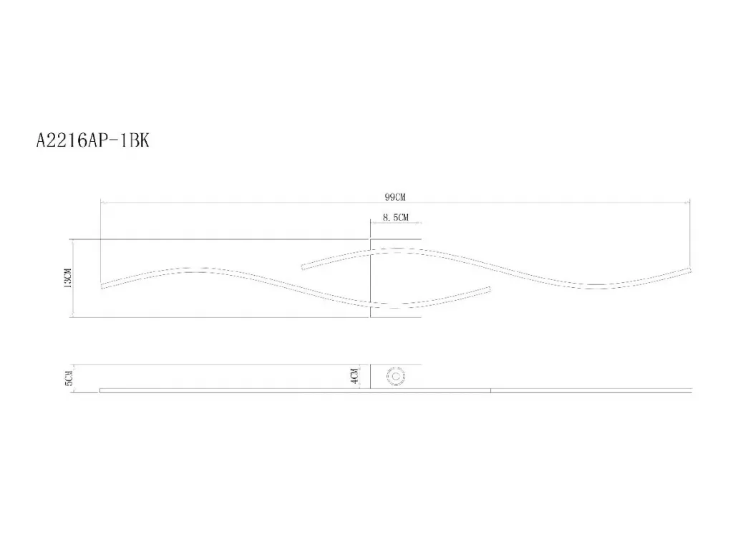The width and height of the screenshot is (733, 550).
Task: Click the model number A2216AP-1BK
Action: coord(92,140)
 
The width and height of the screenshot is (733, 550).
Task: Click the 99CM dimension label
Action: coord(395,197)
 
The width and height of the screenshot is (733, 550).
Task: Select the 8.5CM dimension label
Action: coord(395,218)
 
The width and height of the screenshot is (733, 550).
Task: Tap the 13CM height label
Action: coord(68,278)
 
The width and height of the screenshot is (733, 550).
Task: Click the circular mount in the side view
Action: coord(395,377)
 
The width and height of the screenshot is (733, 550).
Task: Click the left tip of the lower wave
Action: coord(102,286)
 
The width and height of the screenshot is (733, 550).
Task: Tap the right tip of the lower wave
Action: coord(490,289)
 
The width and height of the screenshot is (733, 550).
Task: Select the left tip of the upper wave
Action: coord(303,268)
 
